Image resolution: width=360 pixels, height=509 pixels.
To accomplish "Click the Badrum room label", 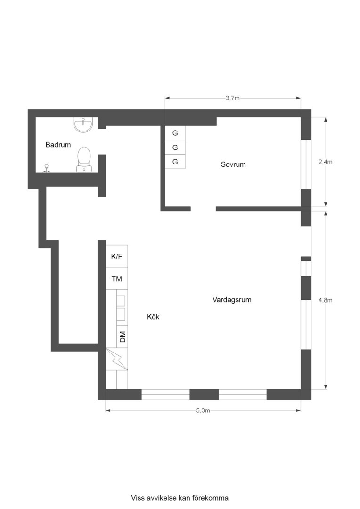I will [58, 145].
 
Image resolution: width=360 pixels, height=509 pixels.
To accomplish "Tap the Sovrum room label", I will [233, 164].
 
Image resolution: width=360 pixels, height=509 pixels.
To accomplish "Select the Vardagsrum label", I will [232, 299].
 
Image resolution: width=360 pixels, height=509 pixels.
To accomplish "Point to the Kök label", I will [153, 317].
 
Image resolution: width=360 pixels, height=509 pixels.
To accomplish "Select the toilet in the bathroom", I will [84, 159].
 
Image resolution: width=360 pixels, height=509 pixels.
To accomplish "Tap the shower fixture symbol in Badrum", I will [46, 168].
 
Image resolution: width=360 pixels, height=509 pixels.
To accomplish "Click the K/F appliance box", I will [116, 256].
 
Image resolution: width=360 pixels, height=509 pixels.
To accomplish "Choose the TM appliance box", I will [116, 279].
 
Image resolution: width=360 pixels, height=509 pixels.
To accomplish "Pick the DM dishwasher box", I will [123, 337].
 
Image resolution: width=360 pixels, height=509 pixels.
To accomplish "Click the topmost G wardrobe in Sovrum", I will [175, 133].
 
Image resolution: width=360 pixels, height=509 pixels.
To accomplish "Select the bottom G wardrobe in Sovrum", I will [175, 162].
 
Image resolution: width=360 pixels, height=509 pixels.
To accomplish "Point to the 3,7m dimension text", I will [233, 98].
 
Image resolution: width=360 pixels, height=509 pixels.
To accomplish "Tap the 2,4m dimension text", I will [326, 162].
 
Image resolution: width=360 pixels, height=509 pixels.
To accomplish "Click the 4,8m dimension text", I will [326, 300].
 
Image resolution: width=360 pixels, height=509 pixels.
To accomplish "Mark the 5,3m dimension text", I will [203, 410].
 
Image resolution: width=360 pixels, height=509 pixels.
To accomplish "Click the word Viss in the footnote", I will [138, 498].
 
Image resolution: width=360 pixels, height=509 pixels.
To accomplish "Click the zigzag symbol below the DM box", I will [116, 359].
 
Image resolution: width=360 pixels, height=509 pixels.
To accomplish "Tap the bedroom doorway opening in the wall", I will [203, 209].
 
